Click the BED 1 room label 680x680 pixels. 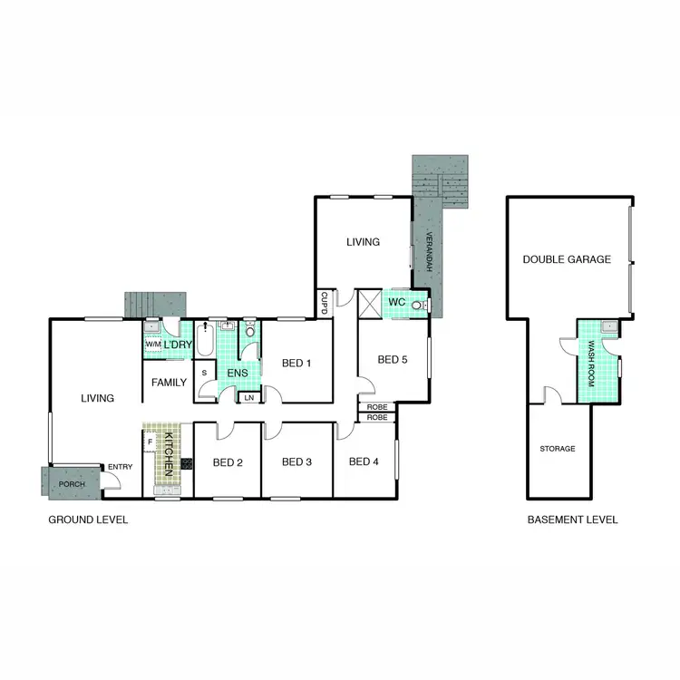296,364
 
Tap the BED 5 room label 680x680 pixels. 392,360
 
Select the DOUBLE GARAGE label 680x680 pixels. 567,259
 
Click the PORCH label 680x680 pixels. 72,484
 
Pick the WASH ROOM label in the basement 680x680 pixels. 590,363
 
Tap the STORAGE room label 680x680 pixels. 558,449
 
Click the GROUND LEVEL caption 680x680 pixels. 88,520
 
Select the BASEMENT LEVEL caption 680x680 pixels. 573,520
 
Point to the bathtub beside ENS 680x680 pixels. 204,345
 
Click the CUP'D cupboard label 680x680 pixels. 323,303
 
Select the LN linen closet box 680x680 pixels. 248,397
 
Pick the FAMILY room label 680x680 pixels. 169,383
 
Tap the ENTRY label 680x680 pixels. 120,467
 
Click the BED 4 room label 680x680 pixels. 363,461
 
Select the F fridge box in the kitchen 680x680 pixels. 150,442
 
